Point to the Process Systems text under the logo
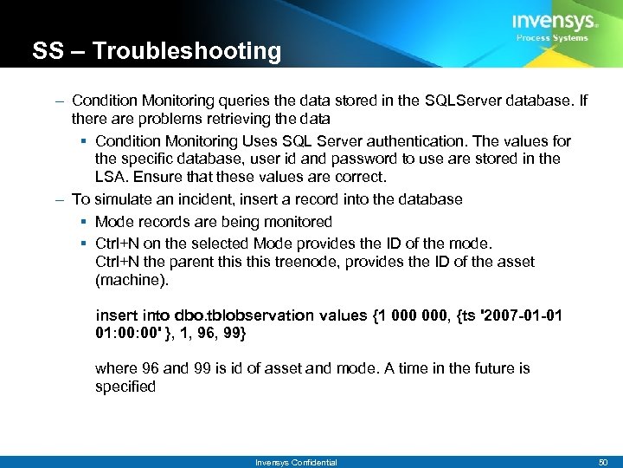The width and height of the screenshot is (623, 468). tap(552, 38)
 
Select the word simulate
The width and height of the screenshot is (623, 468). tap(119, 199)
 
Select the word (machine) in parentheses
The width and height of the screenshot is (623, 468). tap(129, 281)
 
